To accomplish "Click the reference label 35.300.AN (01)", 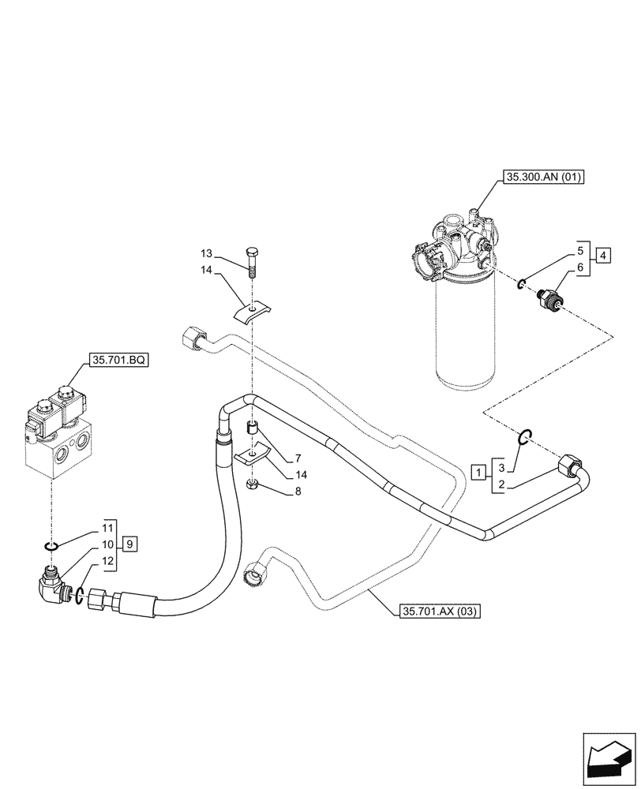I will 541,178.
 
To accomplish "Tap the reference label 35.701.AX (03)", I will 440,611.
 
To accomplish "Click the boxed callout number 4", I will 602,255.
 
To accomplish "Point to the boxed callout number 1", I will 478,472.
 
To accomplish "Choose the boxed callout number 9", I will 130,543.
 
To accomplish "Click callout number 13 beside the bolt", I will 206,253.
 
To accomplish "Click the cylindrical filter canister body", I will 465,331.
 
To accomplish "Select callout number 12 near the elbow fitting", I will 107,560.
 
